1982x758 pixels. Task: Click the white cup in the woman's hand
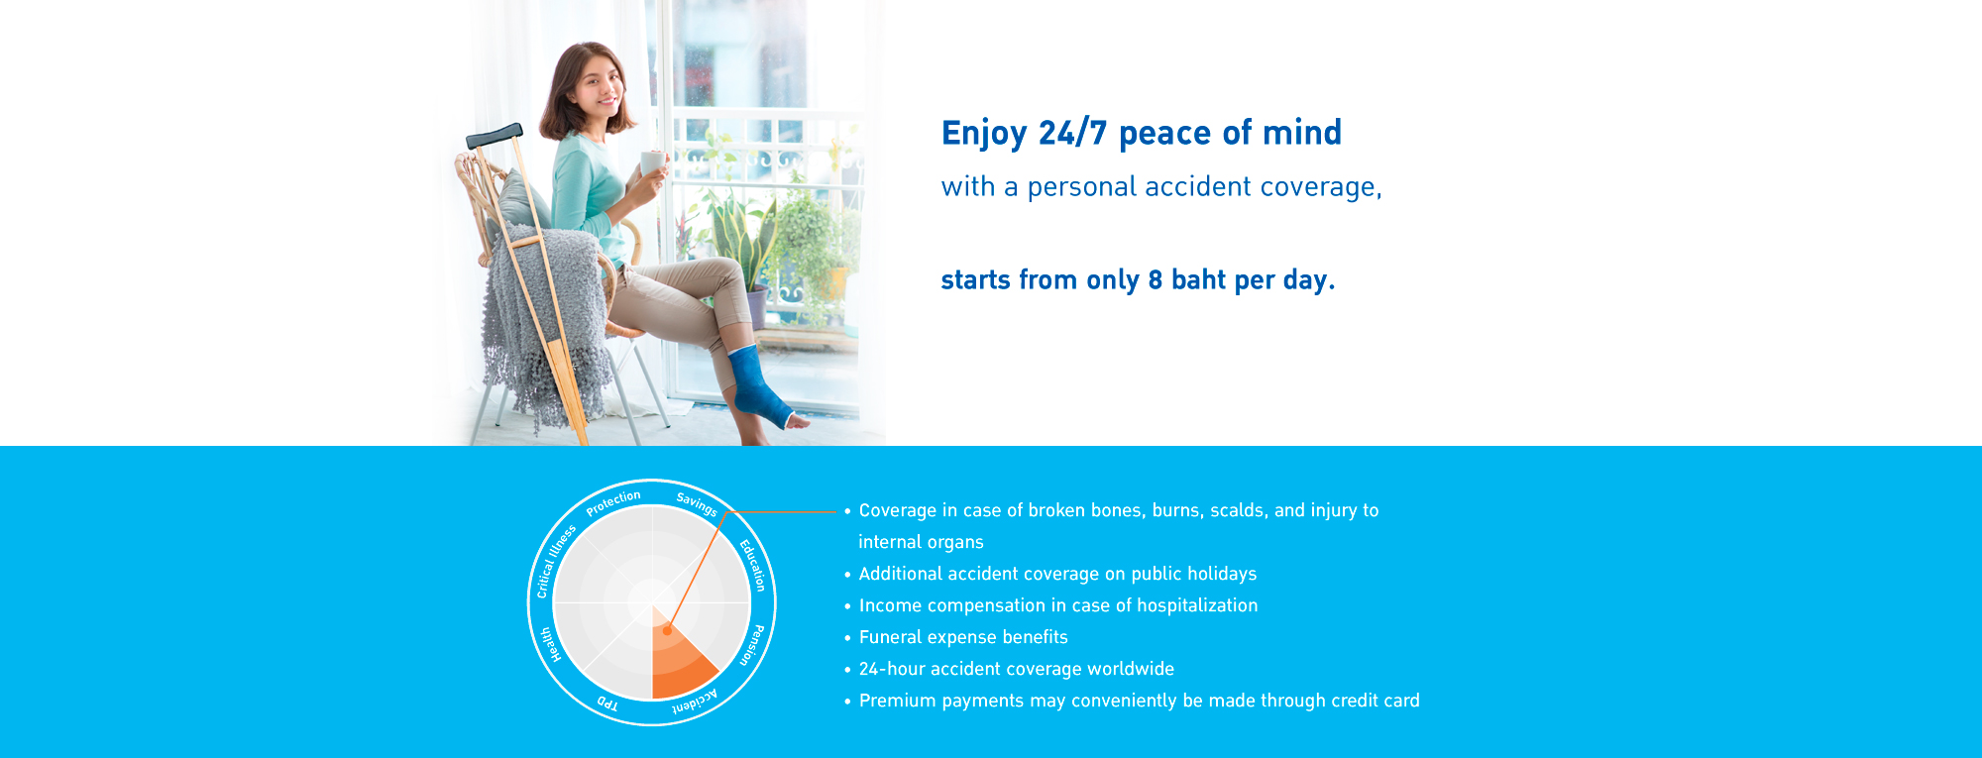(x=652, y=162)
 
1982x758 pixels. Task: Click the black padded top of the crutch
(x=495, y=136)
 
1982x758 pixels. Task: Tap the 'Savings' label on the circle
(x=697, y=504)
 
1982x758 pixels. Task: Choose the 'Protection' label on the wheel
(x=613, y=503)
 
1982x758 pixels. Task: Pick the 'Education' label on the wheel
(x=753, y=565)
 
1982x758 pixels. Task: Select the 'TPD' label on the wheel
(x=607, y=704)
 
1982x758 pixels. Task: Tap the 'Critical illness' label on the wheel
(x=555, y=562)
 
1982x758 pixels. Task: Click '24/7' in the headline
(x=1072, y=133)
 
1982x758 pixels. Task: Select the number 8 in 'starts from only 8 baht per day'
(x=1155, y=280)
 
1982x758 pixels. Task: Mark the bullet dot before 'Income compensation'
(x=847, y=606)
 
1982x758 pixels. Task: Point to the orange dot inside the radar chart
(x=667, y=630)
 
